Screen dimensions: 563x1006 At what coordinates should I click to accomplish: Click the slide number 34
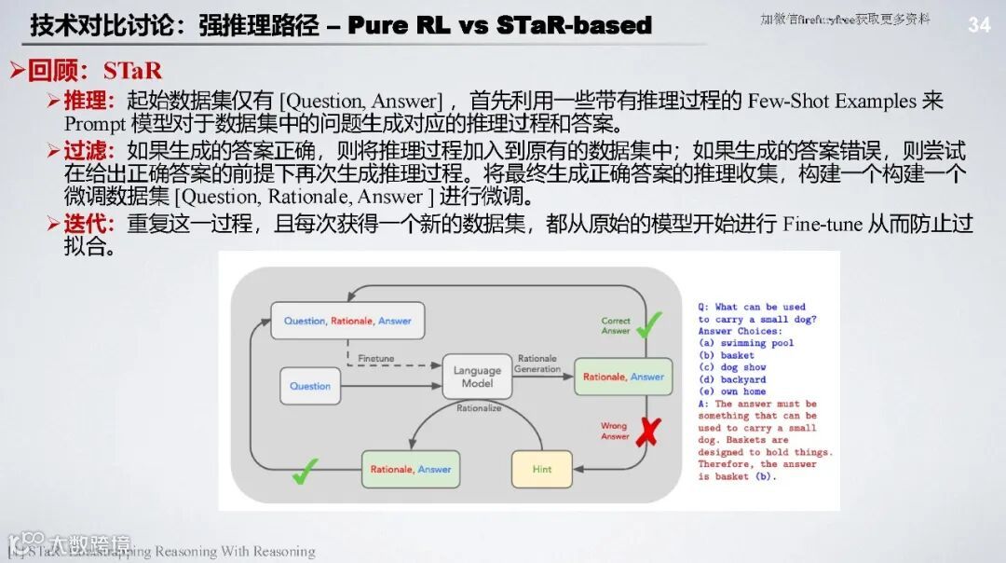979,25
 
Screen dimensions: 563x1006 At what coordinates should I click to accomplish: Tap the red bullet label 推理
88,101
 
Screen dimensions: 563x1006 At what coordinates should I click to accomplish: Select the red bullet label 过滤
88,150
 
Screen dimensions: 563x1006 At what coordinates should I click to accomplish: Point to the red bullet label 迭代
88,224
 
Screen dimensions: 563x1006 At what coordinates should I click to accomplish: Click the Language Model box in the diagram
477,377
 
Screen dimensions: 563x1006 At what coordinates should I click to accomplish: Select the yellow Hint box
542,469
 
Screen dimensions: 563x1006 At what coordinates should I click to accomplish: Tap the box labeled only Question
310,386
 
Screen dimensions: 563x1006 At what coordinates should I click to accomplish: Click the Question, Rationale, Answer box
347,321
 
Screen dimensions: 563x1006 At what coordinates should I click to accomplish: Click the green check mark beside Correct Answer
648,323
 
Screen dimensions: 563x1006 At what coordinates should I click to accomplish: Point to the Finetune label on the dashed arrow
375,357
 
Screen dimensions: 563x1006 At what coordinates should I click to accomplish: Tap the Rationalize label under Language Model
479,407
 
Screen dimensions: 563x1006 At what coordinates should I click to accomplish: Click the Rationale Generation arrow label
537,364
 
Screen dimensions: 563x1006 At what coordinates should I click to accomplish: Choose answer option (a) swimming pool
746,343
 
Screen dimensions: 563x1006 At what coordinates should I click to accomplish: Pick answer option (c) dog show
732,367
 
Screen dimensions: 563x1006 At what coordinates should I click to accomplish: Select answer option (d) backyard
732,379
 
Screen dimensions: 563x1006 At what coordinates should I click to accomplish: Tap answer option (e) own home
732,391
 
